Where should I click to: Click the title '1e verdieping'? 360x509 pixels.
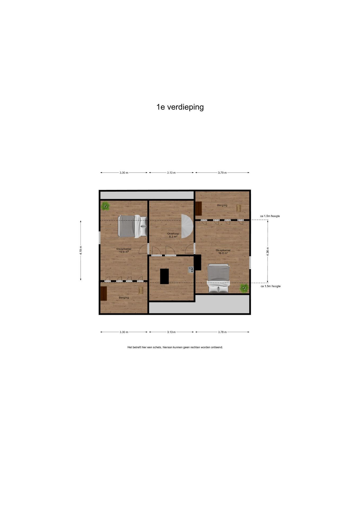tap(180, 107)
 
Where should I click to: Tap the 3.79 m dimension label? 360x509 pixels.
tap(222, 173)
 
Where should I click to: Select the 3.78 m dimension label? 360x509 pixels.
tap(222, 332)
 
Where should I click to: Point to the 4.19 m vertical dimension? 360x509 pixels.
tap(81, 250)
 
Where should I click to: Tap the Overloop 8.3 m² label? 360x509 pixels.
tap(173, 235)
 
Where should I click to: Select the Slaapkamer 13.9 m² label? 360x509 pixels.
tap(124, 250)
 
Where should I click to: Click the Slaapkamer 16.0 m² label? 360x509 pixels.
tap(223, 252)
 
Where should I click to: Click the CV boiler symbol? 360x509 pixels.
tap(191, 269)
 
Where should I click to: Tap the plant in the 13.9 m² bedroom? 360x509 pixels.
tap(105, 205)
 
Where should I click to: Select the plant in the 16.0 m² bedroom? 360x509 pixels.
tap(244, 288)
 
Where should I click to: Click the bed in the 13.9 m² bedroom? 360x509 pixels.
tap(132, 226)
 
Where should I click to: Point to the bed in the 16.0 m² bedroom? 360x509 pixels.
tap(218, 278)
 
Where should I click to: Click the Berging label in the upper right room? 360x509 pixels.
tap(222, 205)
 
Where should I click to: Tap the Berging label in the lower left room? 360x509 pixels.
tap(124, 297)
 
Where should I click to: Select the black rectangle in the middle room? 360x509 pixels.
tap(164, 276)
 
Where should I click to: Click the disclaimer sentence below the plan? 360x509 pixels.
tap(175, 347)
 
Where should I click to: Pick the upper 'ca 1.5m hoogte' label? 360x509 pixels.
tap(270, 216)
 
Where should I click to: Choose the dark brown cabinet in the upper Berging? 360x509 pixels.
tap(199, 208)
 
